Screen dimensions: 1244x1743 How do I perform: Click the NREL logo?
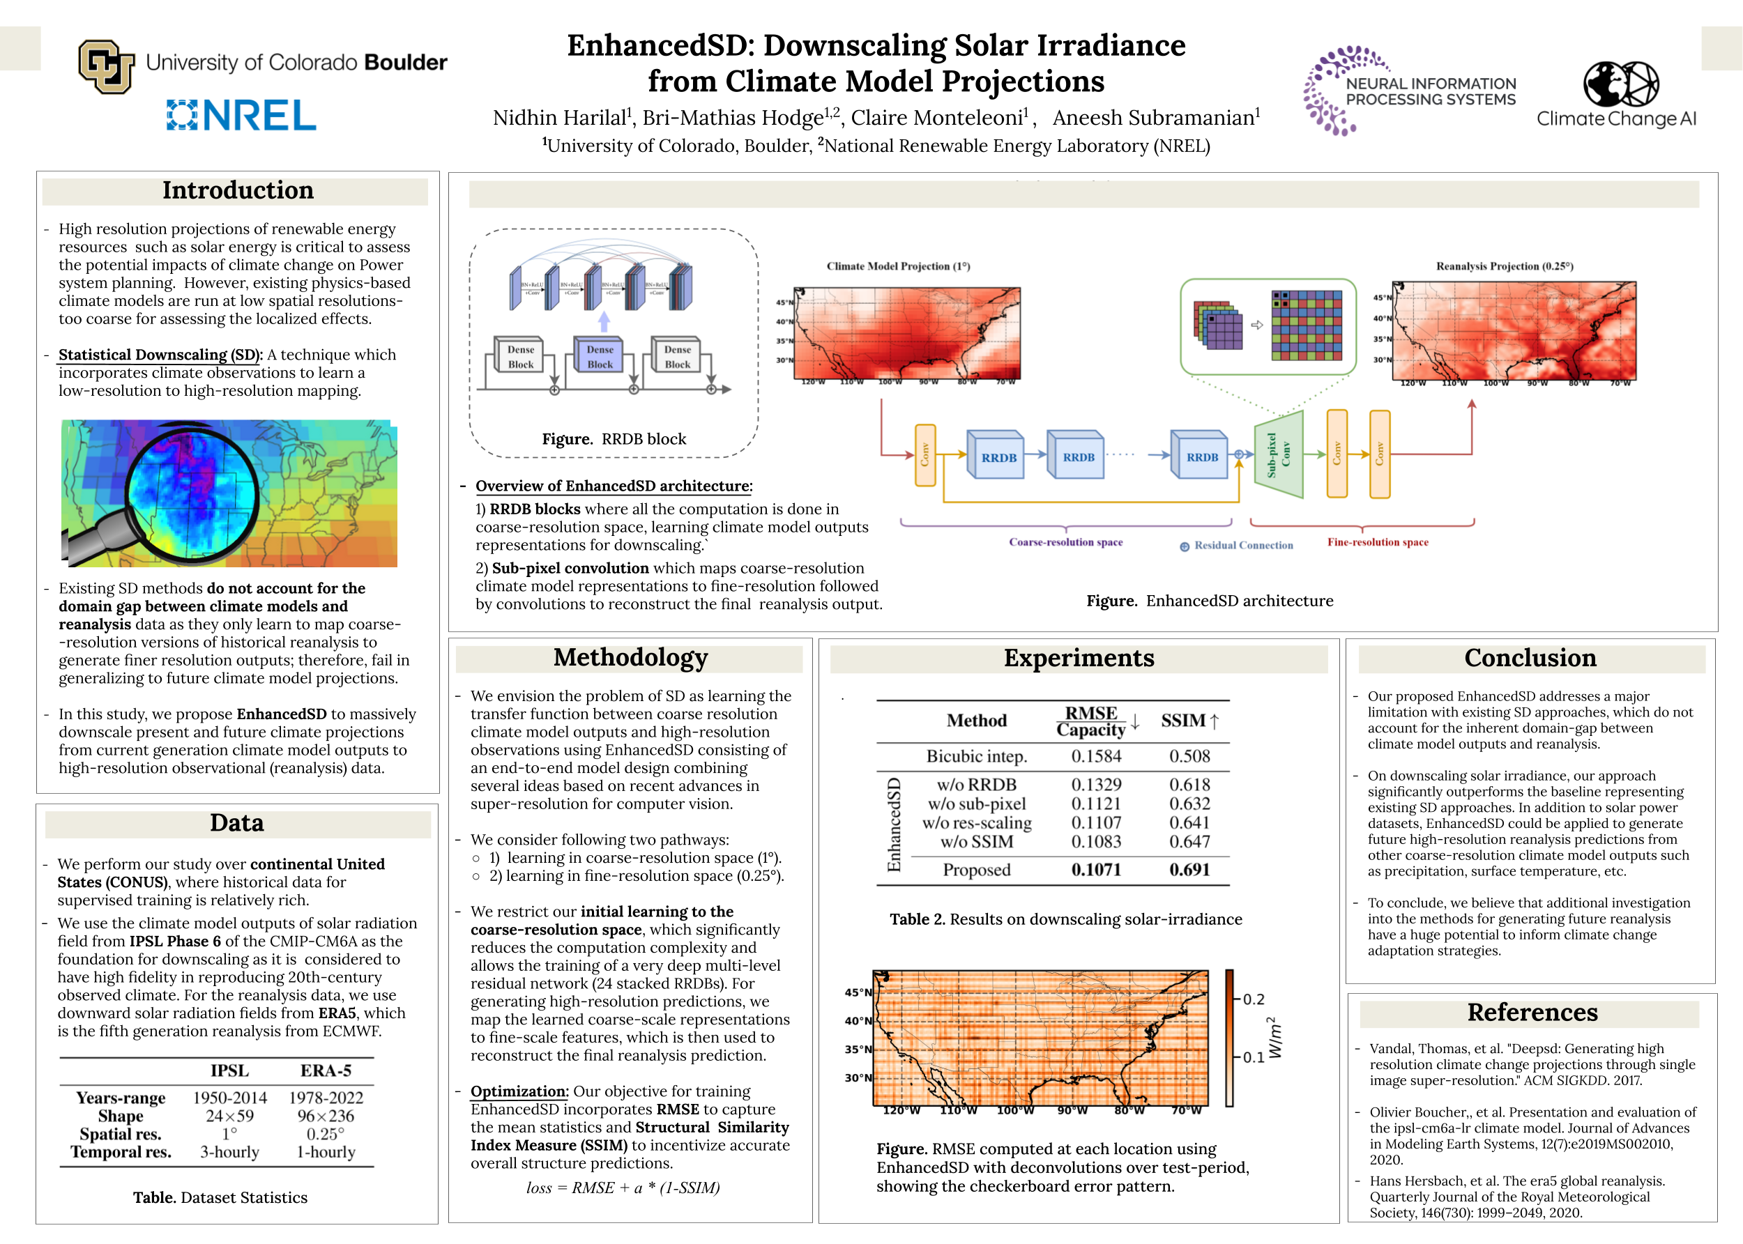pyautogui.click(x=241, y=116)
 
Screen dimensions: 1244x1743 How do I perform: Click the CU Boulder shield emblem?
pyautogui.click(x=106, y=66)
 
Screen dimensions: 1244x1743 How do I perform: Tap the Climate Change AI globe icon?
pyautogui.click(x=1620, y=84)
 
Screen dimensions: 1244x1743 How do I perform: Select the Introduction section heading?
pyautogui.click(x=238, y=191)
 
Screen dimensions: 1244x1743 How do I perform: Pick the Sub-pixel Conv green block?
pyautogui.click(x=1278, y=454)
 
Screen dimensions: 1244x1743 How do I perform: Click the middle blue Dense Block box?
pyautogui.click(x=600, y=356)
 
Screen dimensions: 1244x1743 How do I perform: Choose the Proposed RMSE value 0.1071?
pyautogui.click(x=1095, y=870)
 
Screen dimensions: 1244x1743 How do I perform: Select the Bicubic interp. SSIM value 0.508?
pyautogui.click(x=1189, y=756)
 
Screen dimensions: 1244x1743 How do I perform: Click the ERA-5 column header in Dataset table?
pyautogui.click(x=326, y=1070)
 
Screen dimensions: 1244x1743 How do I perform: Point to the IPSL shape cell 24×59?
pyautogui.click(x=229, y=1116)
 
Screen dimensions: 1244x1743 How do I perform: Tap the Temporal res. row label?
pyautogui.click(x=121, y=1152)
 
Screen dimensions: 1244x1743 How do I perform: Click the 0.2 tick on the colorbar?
pyautogui.click(x=1253, y=999)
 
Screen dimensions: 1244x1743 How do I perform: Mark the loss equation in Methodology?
pyautogui.click(x=622, y=1188)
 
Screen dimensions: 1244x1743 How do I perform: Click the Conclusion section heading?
pyautogui.click(x=1530, y=658)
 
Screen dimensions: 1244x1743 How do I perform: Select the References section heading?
pyautogui.click(x=1532, y=1013)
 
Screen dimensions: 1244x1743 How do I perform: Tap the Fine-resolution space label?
pyautogui.click(x=1378, y=542)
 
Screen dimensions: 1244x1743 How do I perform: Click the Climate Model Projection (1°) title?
pyautogui.click(x=898, y=266)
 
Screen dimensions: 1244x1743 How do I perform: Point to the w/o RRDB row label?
pyautogui.click(x=976, y=785)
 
